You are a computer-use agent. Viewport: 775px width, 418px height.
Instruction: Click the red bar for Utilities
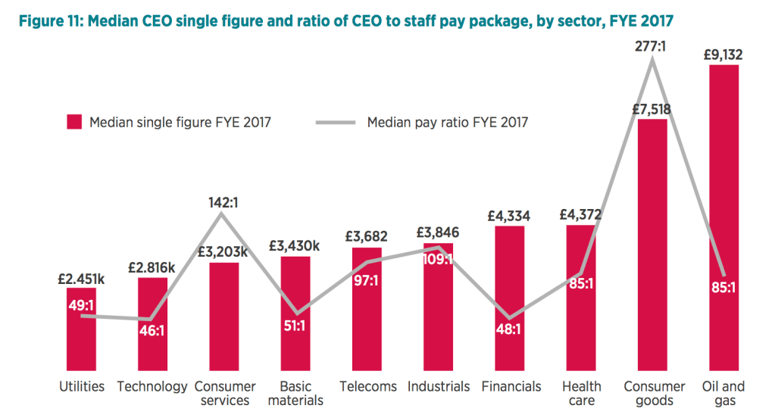pyautogui.click(x=81, y=341)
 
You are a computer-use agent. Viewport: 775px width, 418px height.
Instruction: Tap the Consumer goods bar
pyautogui.click(x=652, y=250)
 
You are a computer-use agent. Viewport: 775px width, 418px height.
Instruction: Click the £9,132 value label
pyautogui.click(x=724, y=54)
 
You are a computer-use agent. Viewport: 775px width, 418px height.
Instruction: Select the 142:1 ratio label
pyautogui.click(x=220, y=202)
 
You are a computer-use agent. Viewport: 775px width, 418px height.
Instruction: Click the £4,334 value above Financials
pyautogui.click(x=509, y=215)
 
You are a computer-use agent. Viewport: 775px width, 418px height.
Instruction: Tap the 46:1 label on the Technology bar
pyautogui.click(x=153, y=329)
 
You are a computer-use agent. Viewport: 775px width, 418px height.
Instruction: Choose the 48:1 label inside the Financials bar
pyautogui.click(x=510, y=329)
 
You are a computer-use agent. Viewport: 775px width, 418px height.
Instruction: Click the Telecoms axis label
pyautogui.click(x=368, y=386)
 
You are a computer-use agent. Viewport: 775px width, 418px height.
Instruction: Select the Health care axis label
pyautogui.click(x=581, y=392)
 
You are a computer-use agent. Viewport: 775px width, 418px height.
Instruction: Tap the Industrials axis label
pyautogui.click(x=439, y=386)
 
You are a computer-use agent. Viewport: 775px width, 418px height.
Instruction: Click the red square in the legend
pyautogui.click(x=74, y=122)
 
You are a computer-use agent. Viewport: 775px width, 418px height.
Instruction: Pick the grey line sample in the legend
pyautogui.click(x=333, y=122)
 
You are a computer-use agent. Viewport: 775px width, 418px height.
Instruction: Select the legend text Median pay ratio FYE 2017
pyautogui.click(x=447, y=122)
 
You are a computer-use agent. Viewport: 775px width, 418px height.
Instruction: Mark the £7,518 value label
pyautogui.click(x=652, y=109)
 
